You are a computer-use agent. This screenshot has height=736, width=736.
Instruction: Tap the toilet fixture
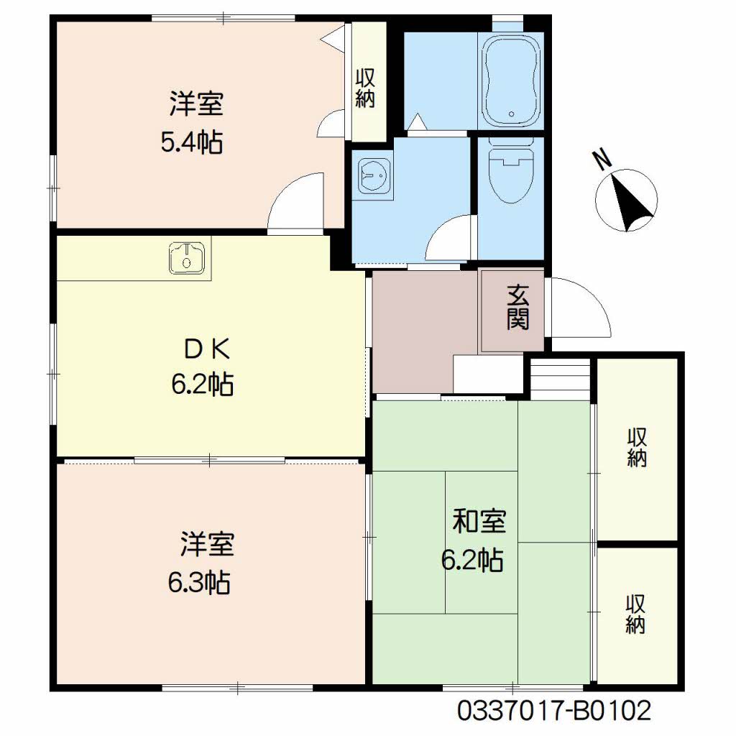point(511,170)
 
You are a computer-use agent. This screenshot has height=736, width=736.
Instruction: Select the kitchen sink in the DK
point(187,259)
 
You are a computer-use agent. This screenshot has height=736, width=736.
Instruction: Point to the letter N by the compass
point(604,159)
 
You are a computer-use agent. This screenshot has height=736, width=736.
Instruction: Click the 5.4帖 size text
point(191,142)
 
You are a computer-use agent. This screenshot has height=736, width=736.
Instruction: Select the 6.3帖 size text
point(199,582)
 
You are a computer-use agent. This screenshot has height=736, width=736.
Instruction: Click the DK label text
point(207,349)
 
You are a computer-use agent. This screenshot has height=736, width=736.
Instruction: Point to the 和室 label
point(479,521)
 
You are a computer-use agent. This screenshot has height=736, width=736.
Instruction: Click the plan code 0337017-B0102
point(554,711)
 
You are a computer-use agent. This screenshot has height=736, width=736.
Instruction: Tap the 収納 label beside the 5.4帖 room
point(365,88)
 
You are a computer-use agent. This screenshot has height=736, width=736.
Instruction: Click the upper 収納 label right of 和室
point(637,447)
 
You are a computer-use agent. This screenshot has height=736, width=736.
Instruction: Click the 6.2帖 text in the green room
point(472,560)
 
